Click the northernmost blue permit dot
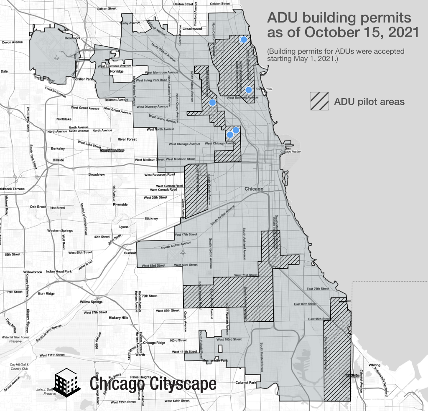pyautogui.click(x=244, y=40)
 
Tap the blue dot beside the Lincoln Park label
pyautogui.click(x=248, y=90)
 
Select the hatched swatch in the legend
pyautogui.click(x=318, y=101)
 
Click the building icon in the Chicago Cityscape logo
pyautogui.click(x=68, y=383)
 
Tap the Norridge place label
pyautogui.click(x=117, y=71)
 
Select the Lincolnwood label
pyautogui.click(x=192, y=29)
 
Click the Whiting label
pyautogui.click(x=374, y=365)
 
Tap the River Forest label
pyautogui.click(x=128, y=139)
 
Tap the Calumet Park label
pyautogui.click(x=245, y=382)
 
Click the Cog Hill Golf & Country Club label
pyautogui.click(x=19, y=366)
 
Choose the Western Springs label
pyautogui.click(x=60, y=230)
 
